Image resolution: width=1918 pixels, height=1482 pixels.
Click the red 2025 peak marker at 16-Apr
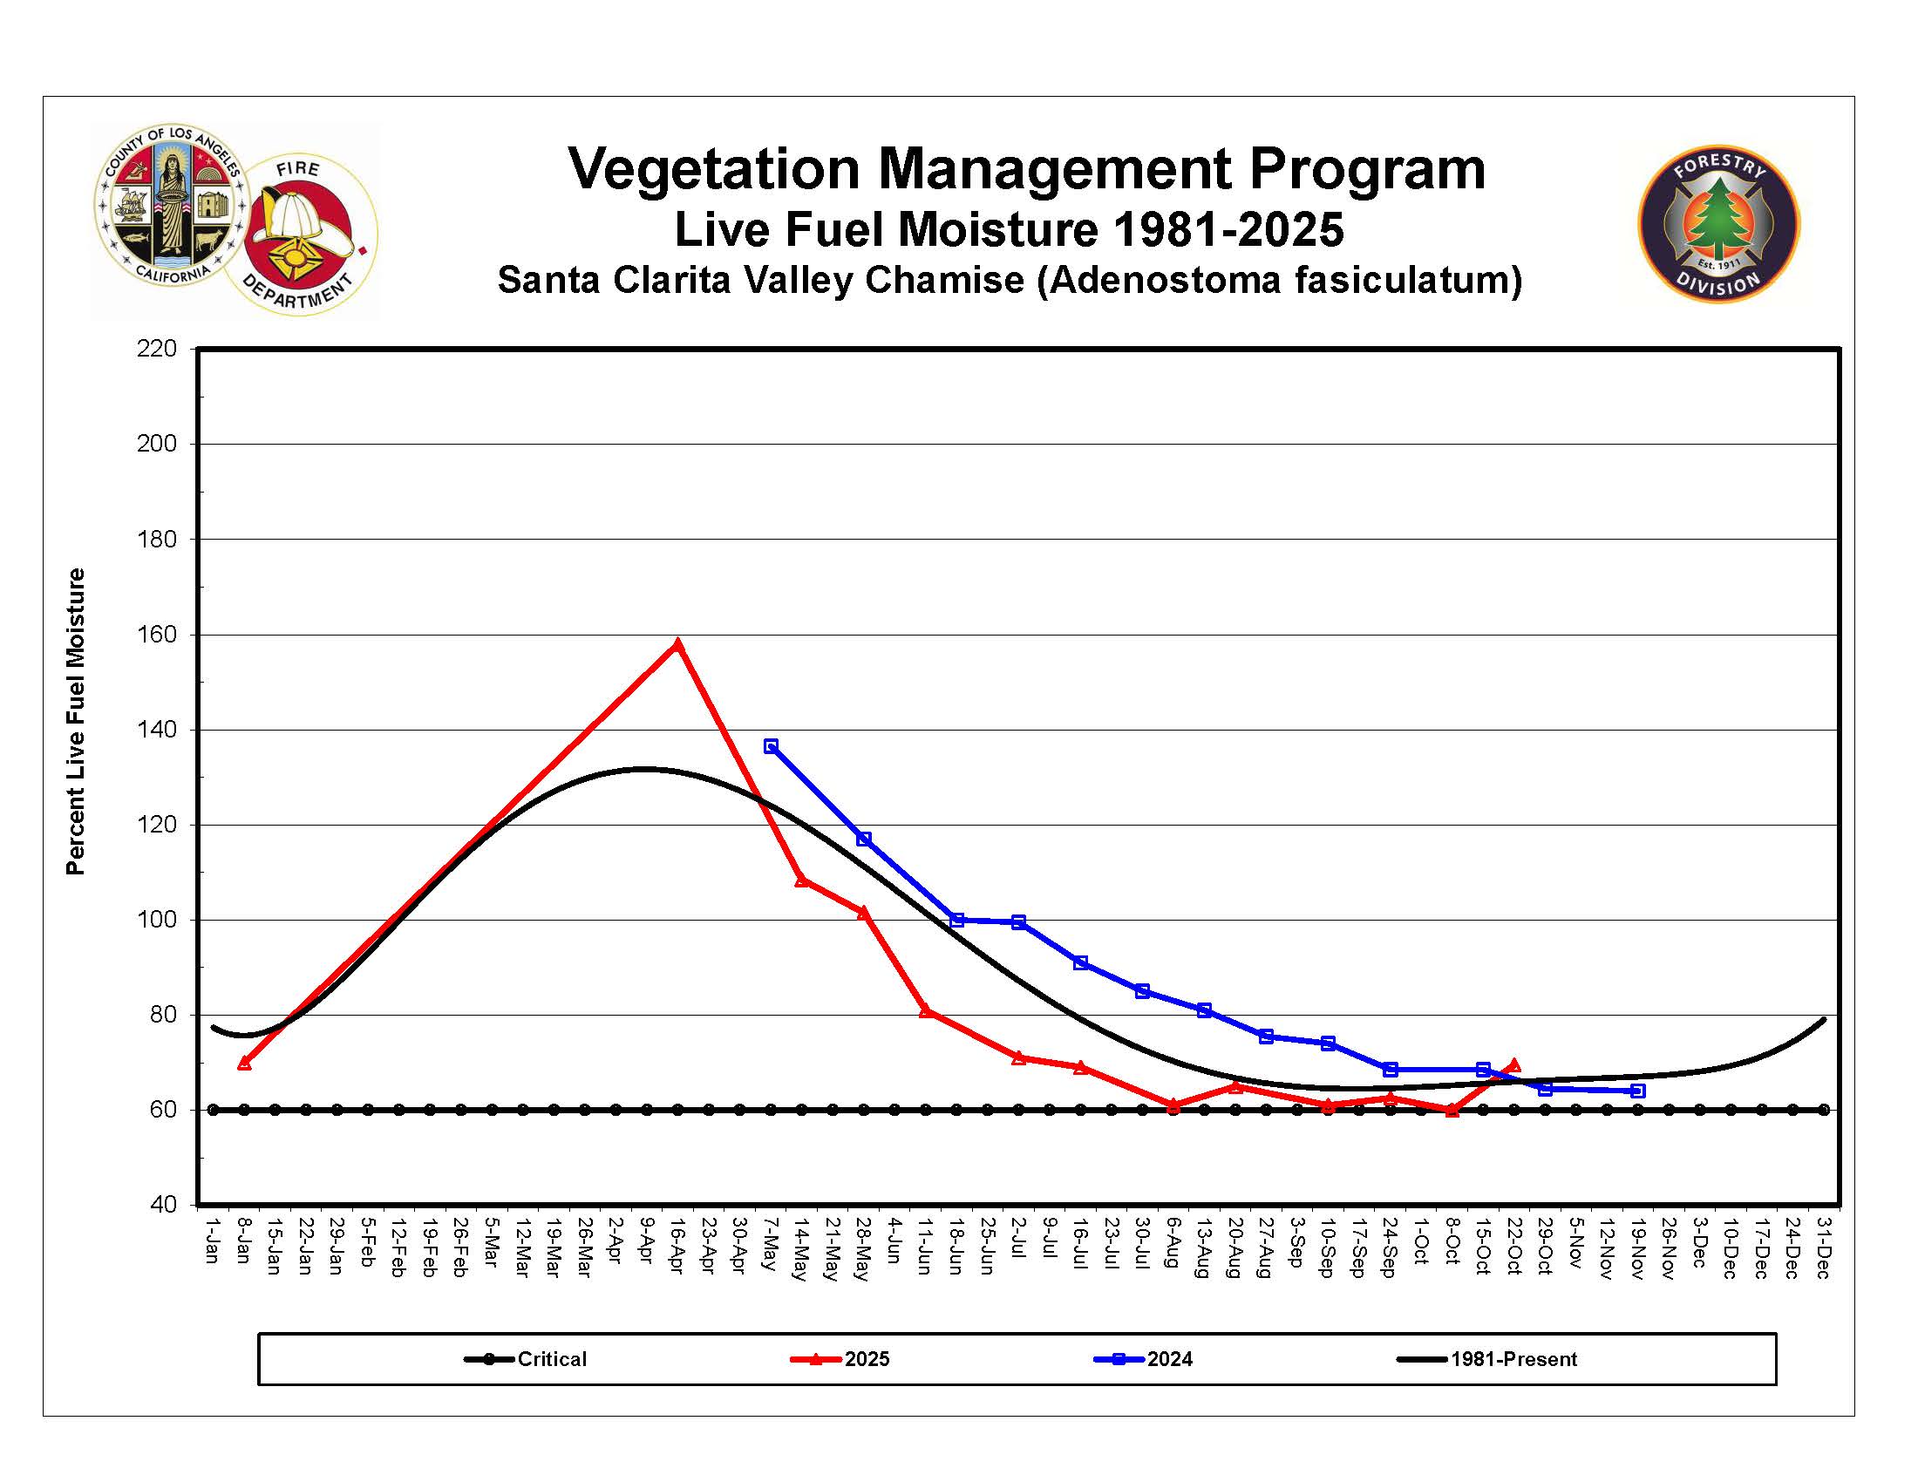677,644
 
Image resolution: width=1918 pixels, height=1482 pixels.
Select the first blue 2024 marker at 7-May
770,746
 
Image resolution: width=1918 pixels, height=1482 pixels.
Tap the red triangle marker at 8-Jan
244,1064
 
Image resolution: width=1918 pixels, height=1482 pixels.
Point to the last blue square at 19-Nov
1637,1091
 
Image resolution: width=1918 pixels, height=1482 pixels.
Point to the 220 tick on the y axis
156,349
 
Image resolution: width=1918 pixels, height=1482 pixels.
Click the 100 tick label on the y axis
156,919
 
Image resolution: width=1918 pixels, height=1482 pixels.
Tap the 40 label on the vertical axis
163,1205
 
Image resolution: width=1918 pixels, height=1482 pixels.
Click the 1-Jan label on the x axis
212,1240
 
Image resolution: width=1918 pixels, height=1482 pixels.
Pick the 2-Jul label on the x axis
1017,1238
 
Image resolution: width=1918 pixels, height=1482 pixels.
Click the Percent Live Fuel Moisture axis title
76,721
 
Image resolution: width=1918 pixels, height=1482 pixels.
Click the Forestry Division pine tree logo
1717,223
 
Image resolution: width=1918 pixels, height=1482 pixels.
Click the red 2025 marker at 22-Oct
1513,1065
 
